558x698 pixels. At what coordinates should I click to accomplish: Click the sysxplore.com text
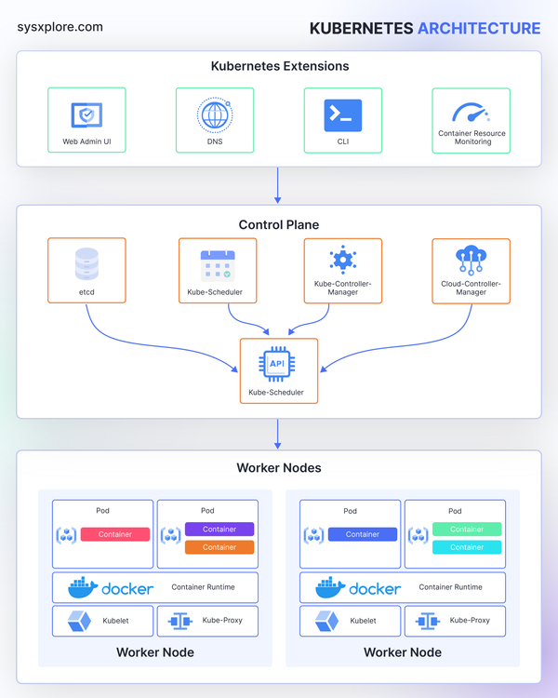(x=60, y=27)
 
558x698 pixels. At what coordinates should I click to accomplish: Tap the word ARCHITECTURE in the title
(x=478, y=28)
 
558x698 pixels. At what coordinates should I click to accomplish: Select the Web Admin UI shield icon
(x=86, y=114)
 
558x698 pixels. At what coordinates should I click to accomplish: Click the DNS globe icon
(x=215, y=114)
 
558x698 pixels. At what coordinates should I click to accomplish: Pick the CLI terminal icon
(x=342, y=114)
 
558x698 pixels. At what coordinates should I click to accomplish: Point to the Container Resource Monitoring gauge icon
(x=471, y=113)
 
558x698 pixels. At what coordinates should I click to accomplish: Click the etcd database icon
(x=86, y=264)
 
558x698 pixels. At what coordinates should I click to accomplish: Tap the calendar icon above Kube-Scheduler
(x=217, y=264)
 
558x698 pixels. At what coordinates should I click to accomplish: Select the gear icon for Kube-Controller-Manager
(x=342, y=260)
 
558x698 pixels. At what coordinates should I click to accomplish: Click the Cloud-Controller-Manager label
(x=471, y=288)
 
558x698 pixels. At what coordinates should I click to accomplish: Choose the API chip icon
(x=278, y=366)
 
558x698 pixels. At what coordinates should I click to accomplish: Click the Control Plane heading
(x=279, y=224)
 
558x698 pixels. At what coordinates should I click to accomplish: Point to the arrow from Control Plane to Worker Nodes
(x=278, y=433)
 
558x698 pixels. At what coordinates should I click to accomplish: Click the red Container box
(x=114, y=534)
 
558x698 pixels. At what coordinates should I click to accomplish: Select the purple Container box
(x=219, y=529)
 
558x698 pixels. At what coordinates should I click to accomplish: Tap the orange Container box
(x=219, y=547)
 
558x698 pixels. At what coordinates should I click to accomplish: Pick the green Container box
(x=467, y=529)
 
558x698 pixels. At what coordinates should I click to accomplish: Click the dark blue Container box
(x=362, y=534)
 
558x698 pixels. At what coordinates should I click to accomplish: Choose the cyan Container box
(x=467, y=547)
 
